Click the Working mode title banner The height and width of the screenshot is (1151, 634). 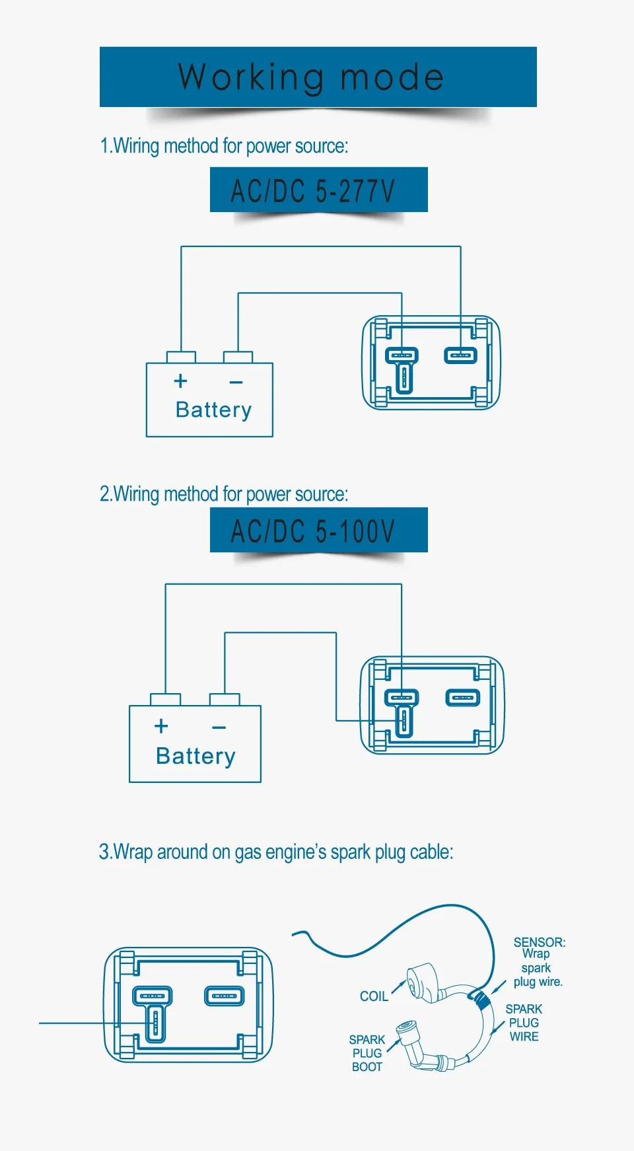[x=318, y=77]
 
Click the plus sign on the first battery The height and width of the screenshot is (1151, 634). [x=180, y=381]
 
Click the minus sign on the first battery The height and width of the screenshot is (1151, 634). [x=236, y=382]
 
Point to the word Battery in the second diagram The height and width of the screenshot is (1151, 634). [x=195, y=756]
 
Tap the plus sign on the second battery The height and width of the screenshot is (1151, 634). [x=161, y=726]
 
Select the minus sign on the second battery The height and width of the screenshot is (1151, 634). [x=219, y=727]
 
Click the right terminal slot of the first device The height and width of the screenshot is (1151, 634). [x=460, y=355]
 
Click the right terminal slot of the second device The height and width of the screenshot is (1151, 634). [x=462, y=698]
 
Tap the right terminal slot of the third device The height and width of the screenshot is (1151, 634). [x=224, y=996]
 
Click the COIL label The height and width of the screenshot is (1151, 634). [x=374, y=996]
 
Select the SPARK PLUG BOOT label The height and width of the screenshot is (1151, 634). [x=367, y=1053]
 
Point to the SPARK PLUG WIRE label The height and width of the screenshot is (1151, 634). [x=524, y=1023]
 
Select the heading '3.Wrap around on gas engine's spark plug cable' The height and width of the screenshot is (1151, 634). [x=276, y=852]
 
